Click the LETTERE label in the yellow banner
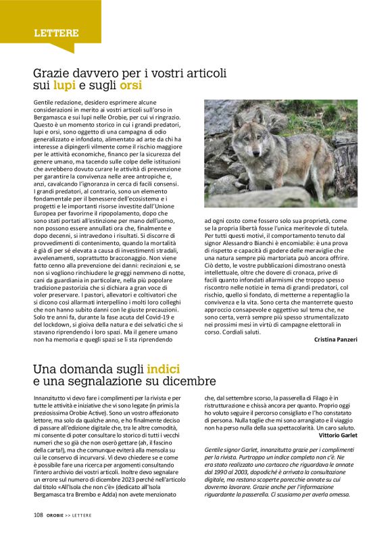(x=57, y=32)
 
